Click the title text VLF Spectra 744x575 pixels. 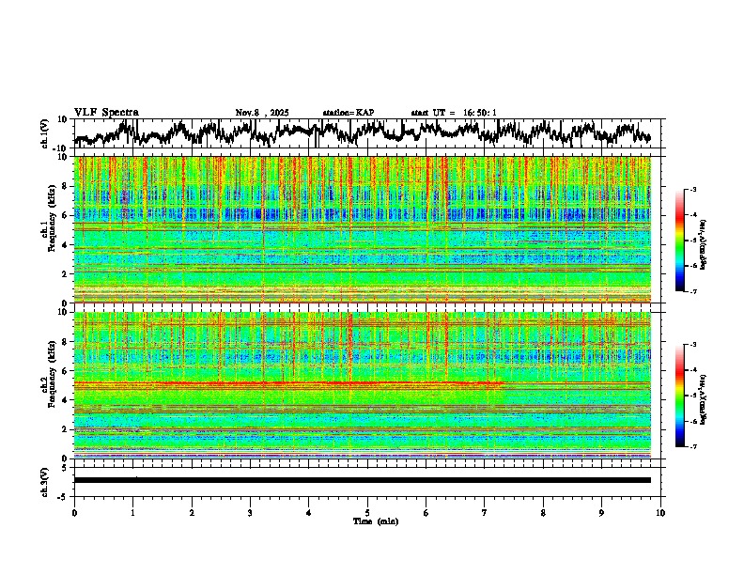106,113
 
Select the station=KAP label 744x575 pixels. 349,113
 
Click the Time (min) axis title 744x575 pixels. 375,521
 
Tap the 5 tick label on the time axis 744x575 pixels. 367,512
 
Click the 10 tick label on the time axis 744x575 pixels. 660,512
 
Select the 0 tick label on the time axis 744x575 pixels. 74,512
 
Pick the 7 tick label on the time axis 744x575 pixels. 485,512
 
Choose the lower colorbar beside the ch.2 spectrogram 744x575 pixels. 680,396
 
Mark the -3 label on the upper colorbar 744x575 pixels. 692,191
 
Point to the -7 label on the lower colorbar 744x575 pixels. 692,447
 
